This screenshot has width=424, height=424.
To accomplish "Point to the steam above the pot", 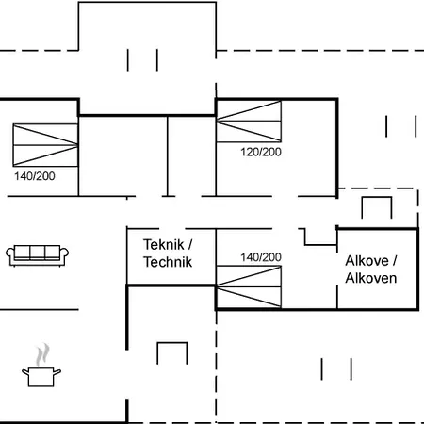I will (x=41, y=355).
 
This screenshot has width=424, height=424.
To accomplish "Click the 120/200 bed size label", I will (x=261, y=151).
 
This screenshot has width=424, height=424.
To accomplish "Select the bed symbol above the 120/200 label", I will (x=249, y=122).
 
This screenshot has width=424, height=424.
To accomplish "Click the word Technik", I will (x=168, y=262).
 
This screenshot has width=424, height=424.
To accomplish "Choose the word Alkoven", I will (x=371, y=278).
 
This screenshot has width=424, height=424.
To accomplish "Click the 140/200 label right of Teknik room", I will (x=261, y=256).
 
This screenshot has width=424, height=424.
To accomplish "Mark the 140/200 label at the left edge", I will (x=34, y=175).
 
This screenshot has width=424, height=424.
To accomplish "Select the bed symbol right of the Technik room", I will (x=249, y=286).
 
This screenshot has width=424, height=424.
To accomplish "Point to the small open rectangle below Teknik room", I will (x=173, y=355).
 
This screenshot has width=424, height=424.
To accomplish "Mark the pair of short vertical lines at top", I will (x=142, y=59).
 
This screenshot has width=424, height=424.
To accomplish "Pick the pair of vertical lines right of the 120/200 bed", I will (x=400, y=127).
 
